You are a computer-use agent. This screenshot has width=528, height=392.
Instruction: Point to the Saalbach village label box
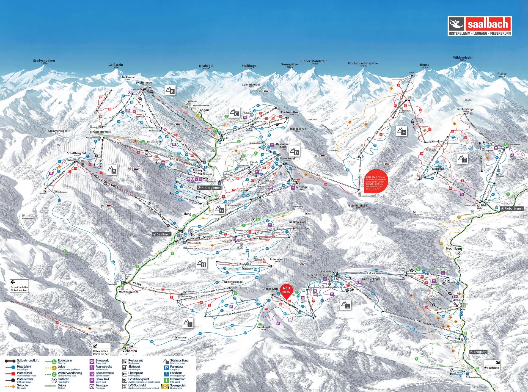coord(162,234)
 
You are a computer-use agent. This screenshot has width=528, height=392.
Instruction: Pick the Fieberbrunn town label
coord(512,209)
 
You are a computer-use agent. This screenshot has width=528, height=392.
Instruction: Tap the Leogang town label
coord(479,352)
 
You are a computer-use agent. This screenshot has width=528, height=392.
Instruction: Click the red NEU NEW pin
coord(286,292)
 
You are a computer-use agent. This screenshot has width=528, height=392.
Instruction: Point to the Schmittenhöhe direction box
coord(19,286)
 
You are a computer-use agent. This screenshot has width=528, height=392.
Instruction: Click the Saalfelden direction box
coord(492,365)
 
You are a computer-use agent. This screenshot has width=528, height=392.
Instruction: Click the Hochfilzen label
coord(453,248)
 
